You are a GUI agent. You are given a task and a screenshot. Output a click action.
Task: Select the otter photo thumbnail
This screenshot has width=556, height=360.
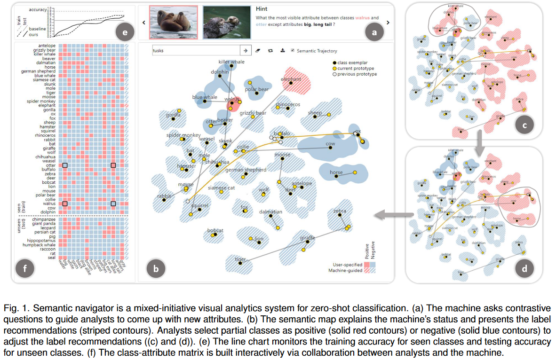click(226, 22)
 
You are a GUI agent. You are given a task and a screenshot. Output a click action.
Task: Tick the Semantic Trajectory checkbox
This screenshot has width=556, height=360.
click(293, 51)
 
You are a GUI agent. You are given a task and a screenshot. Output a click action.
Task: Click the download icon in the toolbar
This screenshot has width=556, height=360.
click(282, 51)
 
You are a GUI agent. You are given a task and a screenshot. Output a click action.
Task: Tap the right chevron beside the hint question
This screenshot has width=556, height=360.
click(388, 22)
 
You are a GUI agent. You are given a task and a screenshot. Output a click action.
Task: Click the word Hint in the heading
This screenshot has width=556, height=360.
click(262, 9)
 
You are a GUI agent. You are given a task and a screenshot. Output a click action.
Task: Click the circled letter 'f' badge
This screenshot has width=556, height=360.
click(24, 268)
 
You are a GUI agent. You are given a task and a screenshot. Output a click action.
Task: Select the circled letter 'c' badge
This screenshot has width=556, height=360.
click(524, 125)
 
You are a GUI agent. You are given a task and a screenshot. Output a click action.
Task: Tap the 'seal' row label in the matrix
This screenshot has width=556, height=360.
click(51, 258)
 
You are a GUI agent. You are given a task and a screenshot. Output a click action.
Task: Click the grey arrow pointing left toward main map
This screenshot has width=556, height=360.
click(386, 215)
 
